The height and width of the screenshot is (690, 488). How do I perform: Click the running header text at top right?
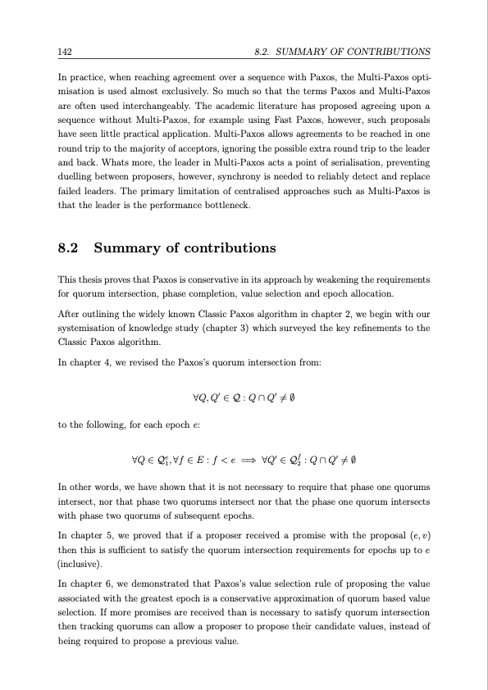click(343, 52)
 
